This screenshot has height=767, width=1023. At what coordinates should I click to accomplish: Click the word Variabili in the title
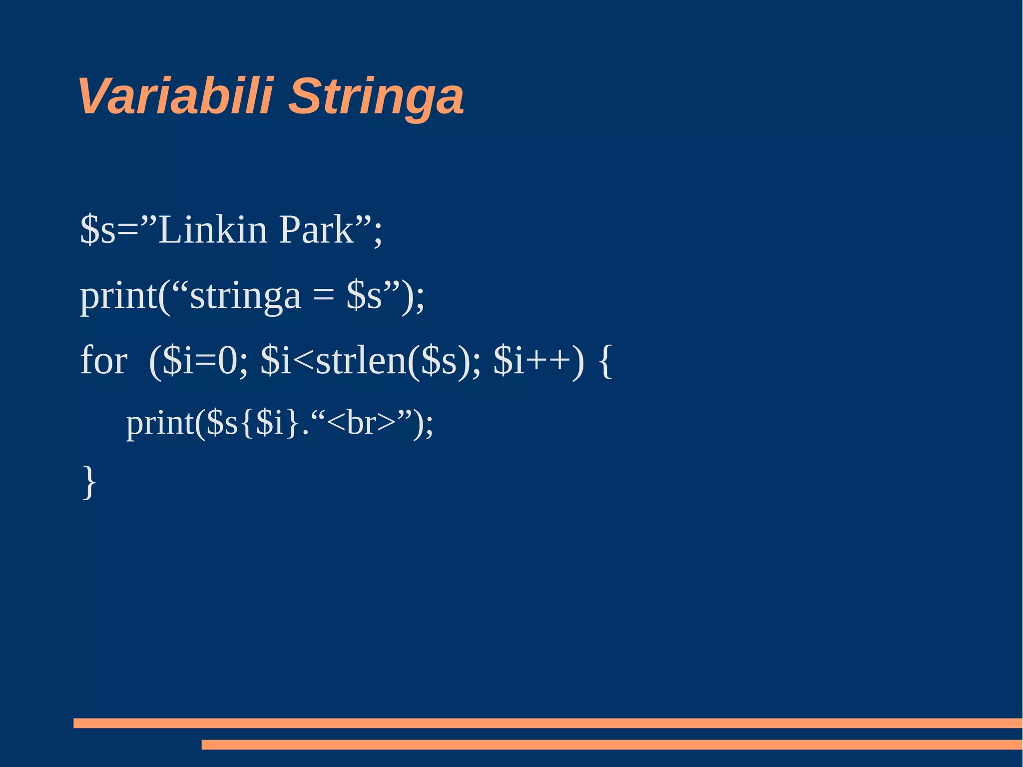click(175, 96)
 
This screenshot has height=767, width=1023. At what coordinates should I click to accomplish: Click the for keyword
click(104, 360)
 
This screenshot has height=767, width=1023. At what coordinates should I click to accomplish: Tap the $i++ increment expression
click(531, 360)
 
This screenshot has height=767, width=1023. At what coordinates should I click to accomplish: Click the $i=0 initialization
click(199, 360)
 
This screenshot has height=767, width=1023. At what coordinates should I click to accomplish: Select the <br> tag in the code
click(362, 423)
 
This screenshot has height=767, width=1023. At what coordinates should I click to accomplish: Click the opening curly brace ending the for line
click(605, 361)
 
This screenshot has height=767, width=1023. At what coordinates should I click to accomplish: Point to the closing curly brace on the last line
click(89, 482)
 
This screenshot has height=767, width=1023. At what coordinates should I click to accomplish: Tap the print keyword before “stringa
click(119, 297)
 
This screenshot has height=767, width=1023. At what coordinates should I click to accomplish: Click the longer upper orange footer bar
click(547, 723)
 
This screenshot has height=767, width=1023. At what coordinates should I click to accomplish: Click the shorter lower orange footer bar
click(611, 745)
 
